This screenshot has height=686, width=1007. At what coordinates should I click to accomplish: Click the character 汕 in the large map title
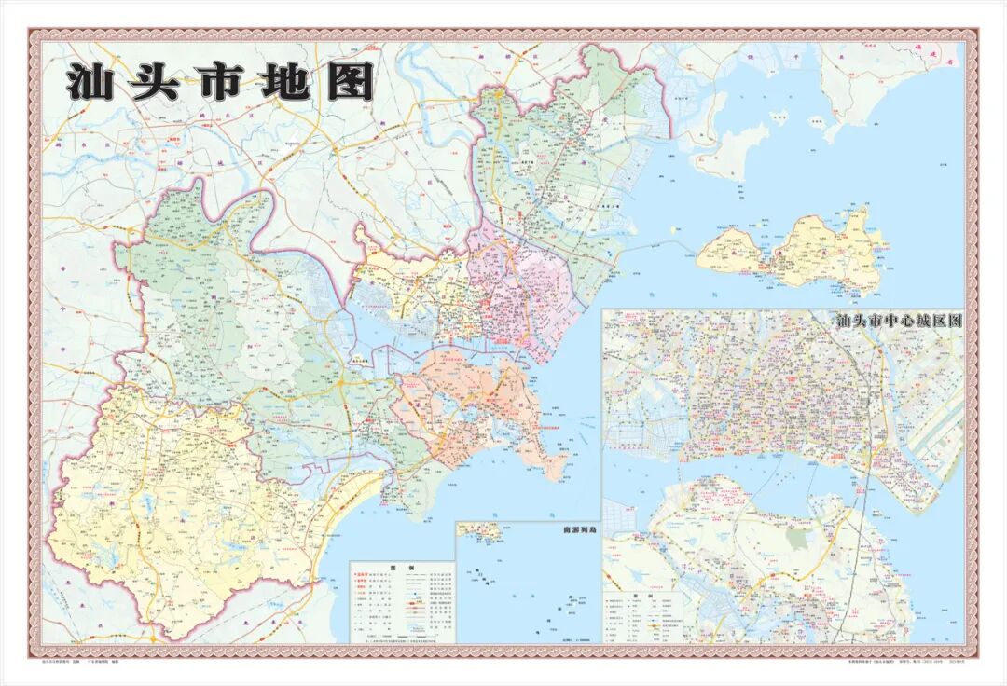coord(90,83)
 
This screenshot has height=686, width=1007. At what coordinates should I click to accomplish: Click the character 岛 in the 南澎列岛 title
coord(592,529)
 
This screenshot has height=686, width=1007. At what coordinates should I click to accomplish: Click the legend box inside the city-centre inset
coord(643,615)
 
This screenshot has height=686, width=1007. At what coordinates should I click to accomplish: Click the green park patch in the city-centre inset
coord(796,538)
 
